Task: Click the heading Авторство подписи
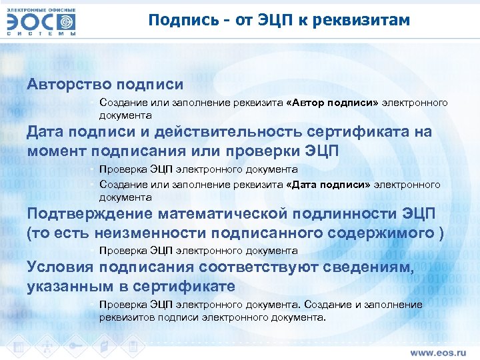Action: (105, 85)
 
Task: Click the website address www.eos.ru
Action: (437, 351)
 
